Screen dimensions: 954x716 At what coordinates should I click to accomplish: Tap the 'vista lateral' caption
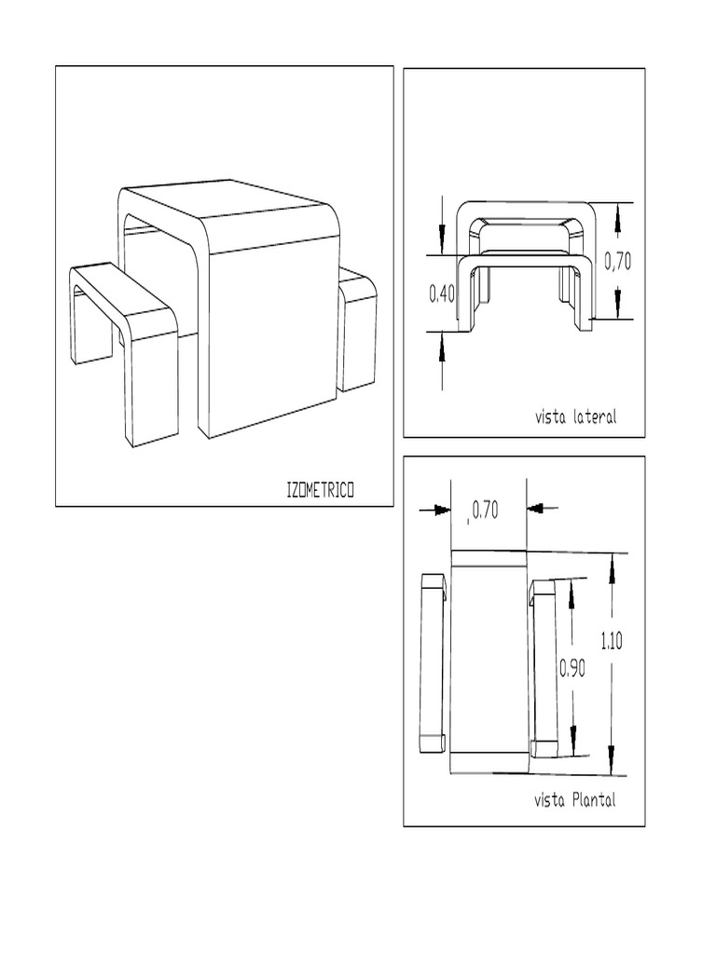(x=575, y=417)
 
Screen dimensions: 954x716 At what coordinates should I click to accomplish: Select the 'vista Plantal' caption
(x=574, y=800)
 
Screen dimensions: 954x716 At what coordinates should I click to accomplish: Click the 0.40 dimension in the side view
(x=442, y=294)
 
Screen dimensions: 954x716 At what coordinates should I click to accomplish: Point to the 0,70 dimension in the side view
(x=617, y=263)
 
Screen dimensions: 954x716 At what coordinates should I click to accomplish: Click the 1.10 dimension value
(x=612, y=640)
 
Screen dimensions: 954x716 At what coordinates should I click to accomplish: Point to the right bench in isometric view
(x=356, y=326)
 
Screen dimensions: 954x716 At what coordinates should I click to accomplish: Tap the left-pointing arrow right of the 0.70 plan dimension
(x=542, y=509)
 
